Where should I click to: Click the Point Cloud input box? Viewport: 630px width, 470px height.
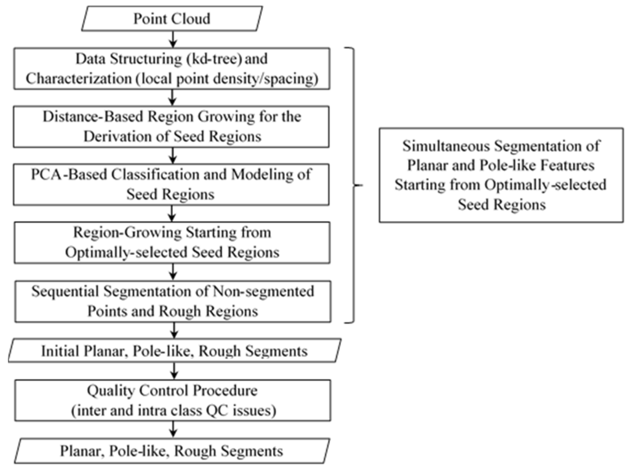[x=172, y=18]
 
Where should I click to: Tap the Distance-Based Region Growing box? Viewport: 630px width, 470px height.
[x=176, y=127]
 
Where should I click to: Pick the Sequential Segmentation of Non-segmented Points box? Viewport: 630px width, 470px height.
[x=176, y=300]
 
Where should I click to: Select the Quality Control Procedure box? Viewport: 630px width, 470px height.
[x=176, y=400]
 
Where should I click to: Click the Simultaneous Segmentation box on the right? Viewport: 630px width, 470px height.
[x=501, y=175]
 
